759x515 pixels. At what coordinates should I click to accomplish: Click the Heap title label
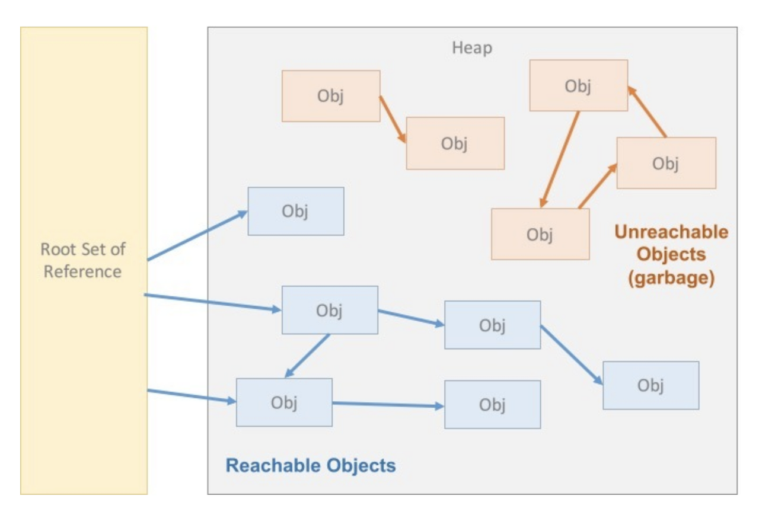472,48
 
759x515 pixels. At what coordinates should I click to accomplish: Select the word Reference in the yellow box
82,271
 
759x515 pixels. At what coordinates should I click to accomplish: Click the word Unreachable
671,232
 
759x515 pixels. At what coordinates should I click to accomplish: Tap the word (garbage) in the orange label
671,279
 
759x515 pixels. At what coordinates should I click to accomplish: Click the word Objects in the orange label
671,255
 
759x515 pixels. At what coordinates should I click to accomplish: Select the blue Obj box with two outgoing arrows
330,310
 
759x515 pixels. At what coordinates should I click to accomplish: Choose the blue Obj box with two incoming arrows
284,402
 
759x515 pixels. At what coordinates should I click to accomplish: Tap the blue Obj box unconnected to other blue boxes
296,211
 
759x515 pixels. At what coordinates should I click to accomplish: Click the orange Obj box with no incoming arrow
331,96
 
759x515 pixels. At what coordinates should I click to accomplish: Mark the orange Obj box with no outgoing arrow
455,143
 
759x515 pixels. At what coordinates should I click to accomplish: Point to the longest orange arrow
559,159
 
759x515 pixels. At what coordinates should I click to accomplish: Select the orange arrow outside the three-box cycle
393,119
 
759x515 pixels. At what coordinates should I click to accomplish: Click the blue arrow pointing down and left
307,356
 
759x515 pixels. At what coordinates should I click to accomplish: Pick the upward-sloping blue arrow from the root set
197,236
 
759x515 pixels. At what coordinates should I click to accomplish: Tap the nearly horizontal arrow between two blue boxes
388,404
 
